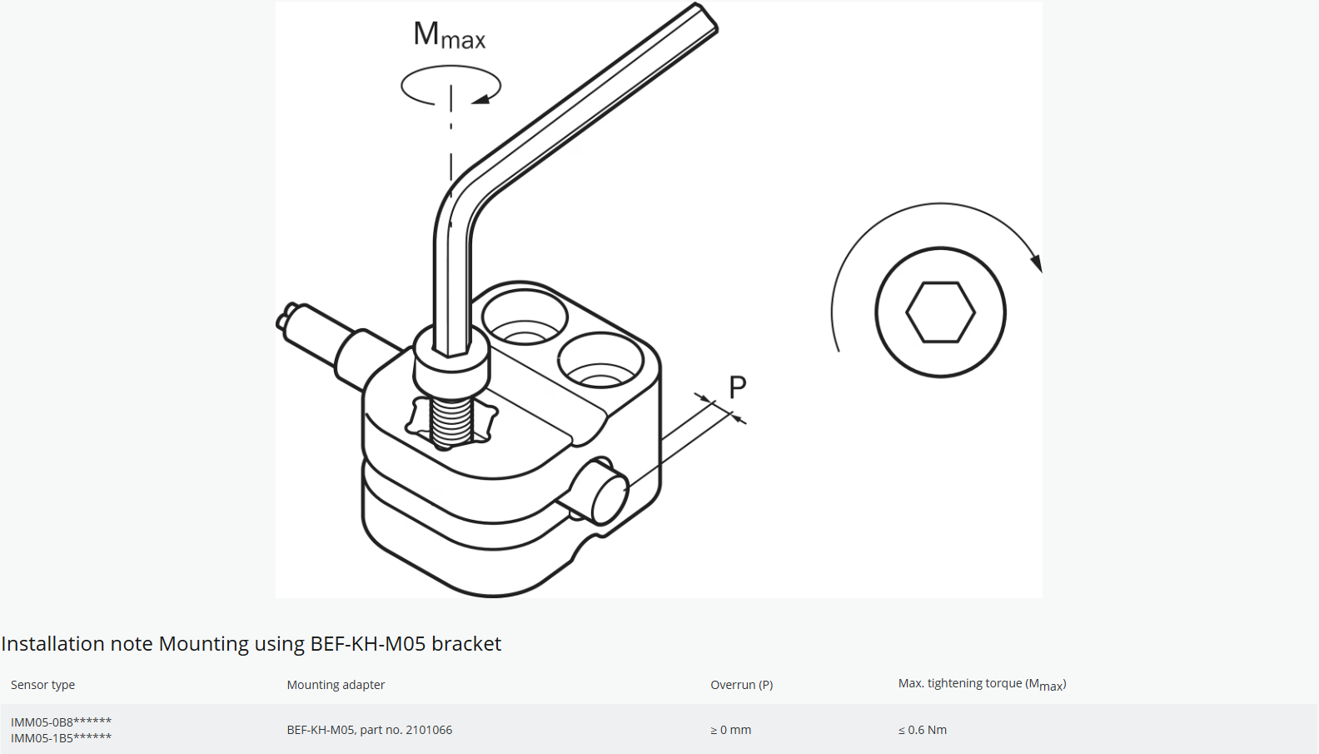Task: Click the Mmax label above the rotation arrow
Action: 449,35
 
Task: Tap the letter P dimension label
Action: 738,387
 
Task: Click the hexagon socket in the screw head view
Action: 940,312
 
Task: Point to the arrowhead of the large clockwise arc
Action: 1036,262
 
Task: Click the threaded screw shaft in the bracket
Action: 452,421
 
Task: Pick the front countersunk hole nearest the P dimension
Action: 600,362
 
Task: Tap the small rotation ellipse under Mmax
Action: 450,86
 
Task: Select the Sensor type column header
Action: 42,685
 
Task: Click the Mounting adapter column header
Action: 336,685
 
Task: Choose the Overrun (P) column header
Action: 741,685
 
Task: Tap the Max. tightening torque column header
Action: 982,684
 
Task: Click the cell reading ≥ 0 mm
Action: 730,730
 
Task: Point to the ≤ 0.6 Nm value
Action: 922,730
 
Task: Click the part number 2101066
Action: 429,730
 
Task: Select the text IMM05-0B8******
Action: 61,722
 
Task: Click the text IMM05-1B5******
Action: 61,738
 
